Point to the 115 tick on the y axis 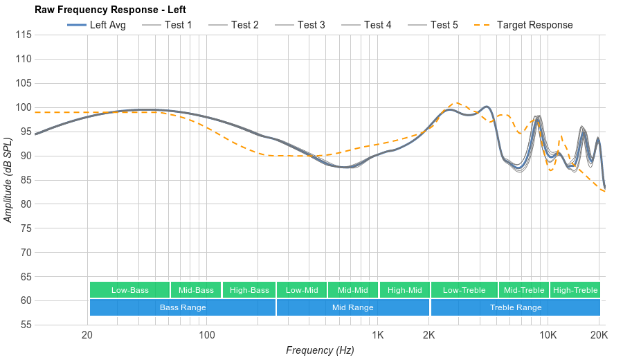click(x=24, y=35)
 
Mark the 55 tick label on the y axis click(x=24, y=325)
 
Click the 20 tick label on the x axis click(x=87, y=336)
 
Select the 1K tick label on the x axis click(x=377, y=336)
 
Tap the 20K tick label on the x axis click(x=599, y=336)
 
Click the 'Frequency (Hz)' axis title click(x=320, y=350)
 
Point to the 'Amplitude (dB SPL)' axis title click(x=8, y=180)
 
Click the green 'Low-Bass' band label click(x=129, y=290)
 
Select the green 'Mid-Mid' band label click(x=353, y=290)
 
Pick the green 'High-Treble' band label click(x=575, y=290)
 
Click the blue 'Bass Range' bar click(x=183, y=307)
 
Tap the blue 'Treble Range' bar click(x=516, y=307)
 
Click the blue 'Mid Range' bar click(x=353, y=307)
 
